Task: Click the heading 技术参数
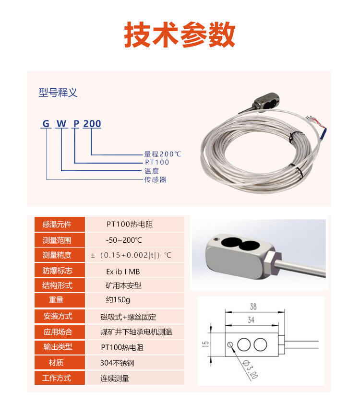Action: coord(180,35)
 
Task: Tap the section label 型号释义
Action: coord(58,93)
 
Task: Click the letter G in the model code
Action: coord(46,124)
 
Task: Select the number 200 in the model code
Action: coord(92,124)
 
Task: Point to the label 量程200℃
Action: coord(163,154)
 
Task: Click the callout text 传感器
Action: coord(156,179)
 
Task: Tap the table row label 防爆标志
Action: coord(57,271)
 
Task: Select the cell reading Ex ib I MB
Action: coord(123,272)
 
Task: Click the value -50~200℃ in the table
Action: coord(124,240)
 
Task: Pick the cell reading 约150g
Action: coord(118,300)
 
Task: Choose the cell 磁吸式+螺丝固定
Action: coord(128,317)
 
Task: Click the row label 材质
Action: coord(56,363)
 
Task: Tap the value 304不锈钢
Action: coord(117,363)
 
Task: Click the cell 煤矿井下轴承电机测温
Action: coord(136,332)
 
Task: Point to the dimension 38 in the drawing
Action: coord(253,307)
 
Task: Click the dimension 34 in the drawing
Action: coord(251,320)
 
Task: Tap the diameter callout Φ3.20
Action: coord(250,369)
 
